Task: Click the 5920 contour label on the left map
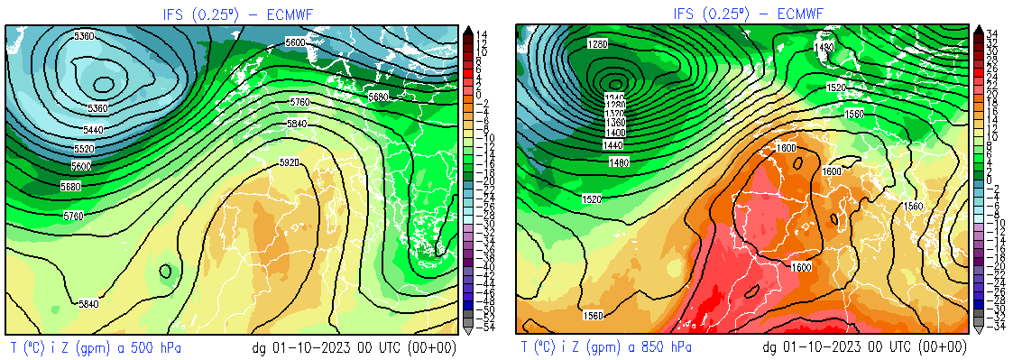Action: click(x=290, y=162)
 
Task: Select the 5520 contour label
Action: click(x=83, y=148)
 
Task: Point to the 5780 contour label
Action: click(x=74, y=216)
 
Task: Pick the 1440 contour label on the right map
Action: click(x=614, y=144)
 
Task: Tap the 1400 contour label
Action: click(x=614, y=133)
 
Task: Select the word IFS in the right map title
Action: click(x=685, y=14)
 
